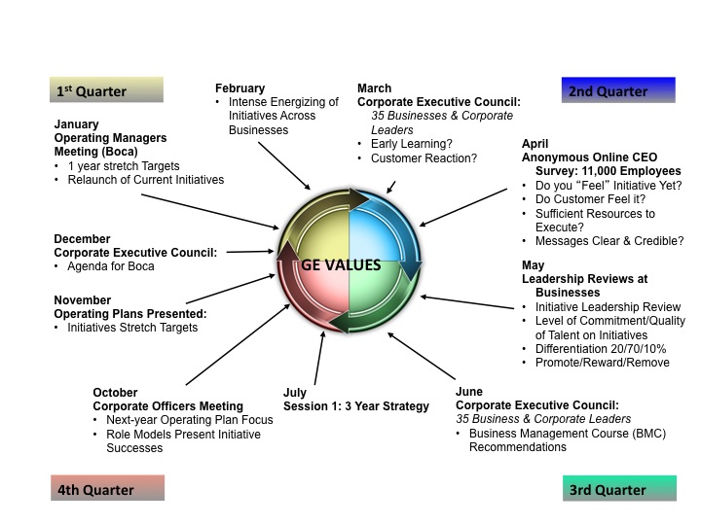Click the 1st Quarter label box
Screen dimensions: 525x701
click(x=107, y=90)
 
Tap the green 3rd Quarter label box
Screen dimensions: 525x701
click(x=619, y=489)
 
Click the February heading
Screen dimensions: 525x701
click(x=240, y=88)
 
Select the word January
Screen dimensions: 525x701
click(x=76, y=124)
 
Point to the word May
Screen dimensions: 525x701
click(x=535, y=264)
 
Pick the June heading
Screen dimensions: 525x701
click(x=470, y=392)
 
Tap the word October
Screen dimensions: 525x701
click(x=115, y=393)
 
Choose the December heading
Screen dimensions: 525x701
click(x=82, y=239)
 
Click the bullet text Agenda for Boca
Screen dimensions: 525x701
click(x=111, y=266)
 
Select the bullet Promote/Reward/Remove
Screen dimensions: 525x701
click(x=602, y=363)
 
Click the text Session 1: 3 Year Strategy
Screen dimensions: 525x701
click(x=355, y=406)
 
